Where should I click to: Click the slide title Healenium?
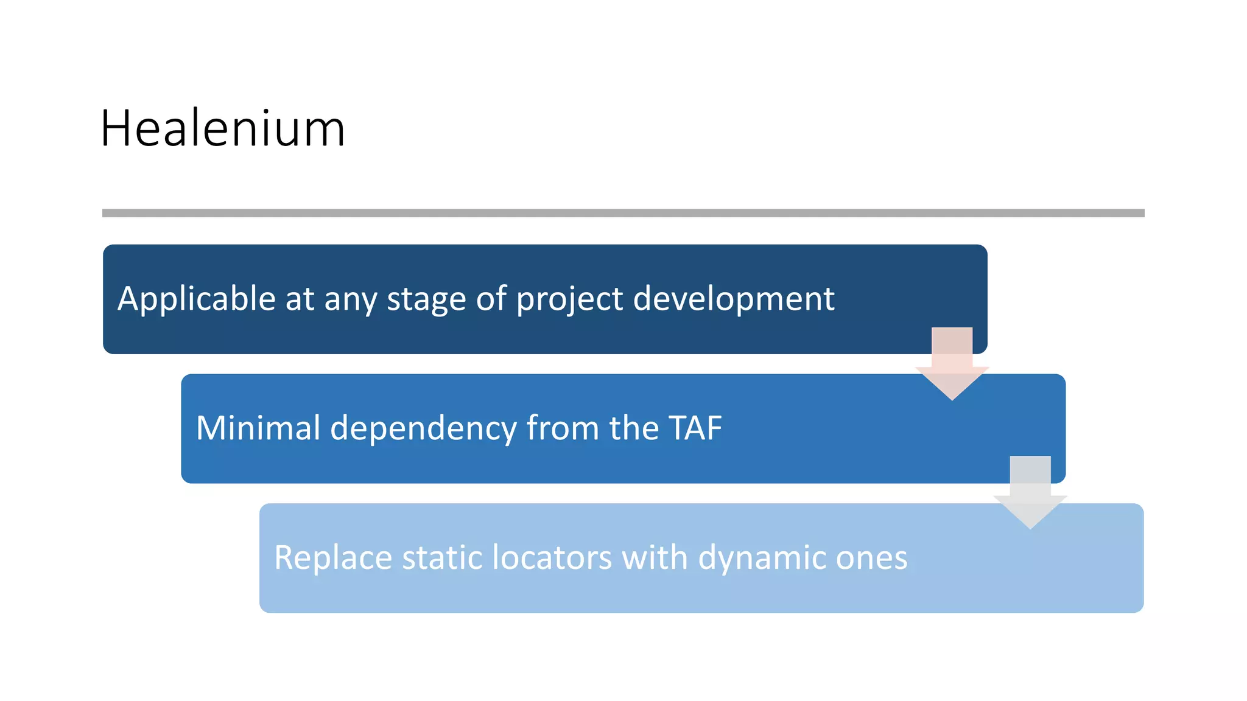click(x=223, y=128)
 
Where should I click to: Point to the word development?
click(x=733, y=299)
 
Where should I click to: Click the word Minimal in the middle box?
click(x=258, y=428)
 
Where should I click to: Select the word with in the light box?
click(x=654, y=558)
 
